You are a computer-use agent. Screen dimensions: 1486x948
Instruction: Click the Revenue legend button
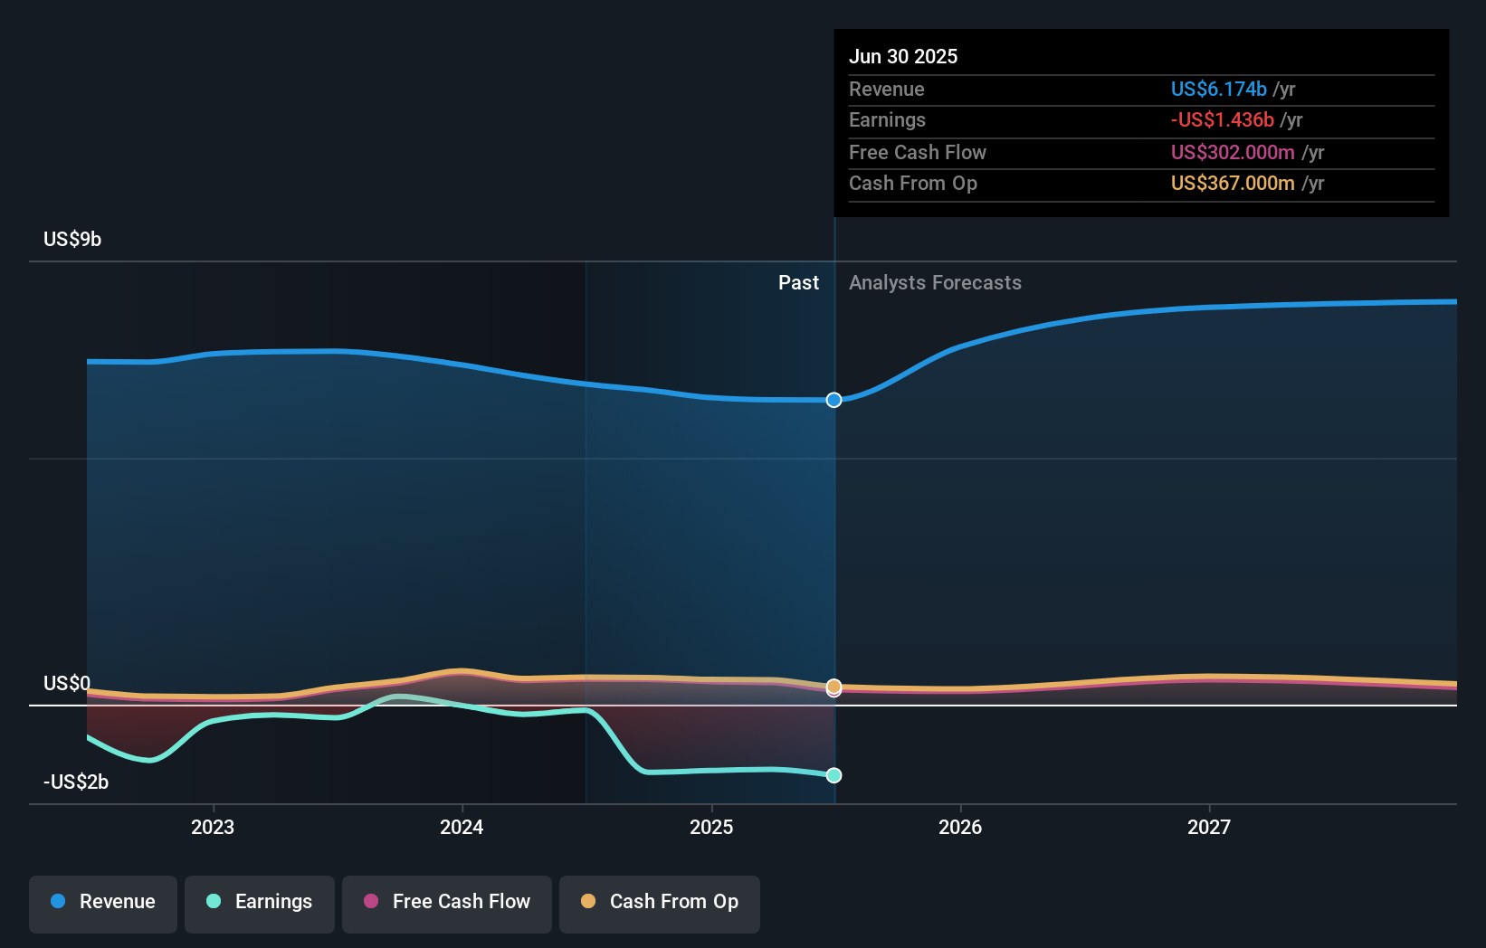(x=103, y=905)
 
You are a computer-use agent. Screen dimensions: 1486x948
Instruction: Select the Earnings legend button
(x=260, y=905)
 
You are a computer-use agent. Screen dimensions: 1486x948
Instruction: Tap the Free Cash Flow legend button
(x=446, y=905)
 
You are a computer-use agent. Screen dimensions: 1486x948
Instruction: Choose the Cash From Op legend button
(x=660, y=905)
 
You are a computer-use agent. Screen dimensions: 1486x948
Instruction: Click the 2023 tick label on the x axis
(x=213, y=828)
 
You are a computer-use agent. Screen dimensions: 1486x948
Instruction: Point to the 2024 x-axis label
(x=462, y=828)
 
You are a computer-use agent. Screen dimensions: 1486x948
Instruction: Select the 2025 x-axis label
(x=711, y=828)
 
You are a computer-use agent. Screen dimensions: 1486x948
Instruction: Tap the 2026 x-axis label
(x=960, y=828)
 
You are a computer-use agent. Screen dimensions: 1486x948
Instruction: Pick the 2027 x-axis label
(x=1209, y=828)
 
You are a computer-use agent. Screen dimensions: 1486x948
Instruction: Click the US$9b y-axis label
(x=72, y=240)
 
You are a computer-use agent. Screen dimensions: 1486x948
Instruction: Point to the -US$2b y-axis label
(x=76, y=782)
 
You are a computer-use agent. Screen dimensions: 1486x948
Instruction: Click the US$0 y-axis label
(x=66, y=683)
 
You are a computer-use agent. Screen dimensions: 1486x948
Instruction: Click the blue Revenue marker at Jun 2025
(x=833, y=400)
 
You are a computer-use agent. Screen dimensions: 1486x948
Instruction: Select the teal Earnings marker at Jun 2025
(x=833, y=775)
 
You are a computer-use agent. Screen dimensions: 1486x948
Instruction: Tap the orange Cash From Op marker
(x=833, y=687)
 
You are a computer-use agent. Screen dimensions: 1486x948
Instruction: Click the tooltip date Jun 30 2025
(x=903, y=56)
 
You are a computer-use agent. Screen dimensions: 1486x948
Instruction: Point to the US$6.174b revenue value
(x=1219, y=89)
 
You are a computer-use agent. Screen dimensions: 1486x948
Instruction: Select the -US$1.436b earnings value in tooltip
(x=1222, y=120)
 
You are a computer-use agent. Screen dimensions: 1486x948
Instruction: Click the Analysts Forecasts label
(x=935, y=283)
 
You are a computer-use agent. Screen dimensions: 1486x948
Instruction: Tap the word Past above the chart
(x=799, y=283)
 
